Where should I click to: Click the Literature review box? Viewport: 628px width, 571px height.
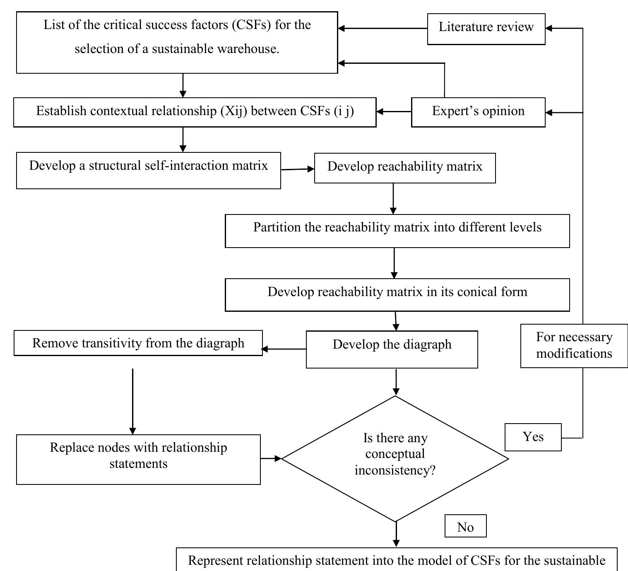click(486, 28)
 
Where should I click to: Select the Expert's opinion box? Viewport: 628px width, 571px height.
click(478, 112)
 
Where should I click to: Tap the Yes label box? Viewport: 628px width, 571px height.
click(533, 437)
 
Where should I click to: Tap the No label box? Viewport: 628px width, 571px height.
click(465, 526)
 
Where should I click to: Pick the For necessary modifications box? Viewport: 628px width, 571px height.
click(574, 345)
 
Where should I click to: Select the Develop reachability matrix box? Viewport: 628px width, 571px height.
click(404, 167)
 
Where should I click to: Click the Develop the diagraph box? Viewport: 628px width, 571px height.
click(392, 349)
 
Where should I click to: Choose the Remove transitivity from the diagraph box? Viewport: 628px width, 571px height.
click(138, 343)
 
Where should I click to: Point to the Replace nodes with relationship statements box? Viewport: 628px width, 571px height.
click(138, 459)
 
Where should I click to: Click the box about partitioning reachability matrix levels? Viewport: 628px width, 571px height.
click(397, 231)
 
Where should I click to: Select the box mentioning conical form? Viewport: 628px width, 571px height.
click(397, 294)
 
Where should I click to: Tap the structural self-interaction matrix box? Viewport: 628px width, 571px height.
click(148, 170)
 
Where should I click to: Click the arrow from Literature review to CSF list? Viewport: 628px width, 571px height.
click(383, 28)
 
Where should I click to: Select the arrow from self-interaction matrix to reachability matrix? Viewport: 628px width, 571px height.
click(297, 169)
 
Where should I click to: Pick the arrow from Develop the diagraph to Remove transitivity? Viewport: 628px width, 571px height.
click(284, 349)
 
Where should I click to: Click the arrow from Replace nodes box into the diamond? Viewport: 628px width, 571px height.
click(271, 458)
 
